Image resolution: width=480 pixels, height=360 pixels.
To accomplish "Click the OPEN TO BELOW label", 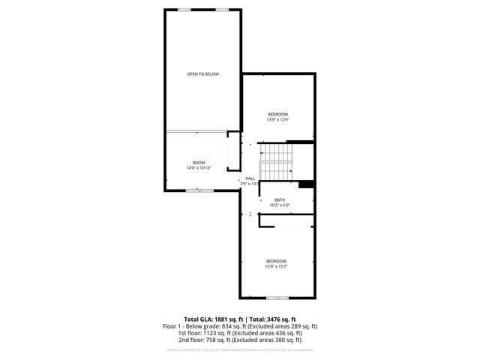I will tap(202, 74).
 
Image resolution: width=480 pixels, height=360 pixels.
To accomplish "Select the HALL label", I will tap(250, 178).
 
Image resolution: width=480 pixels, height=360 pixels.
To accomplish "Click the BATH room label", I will tap(280, 199).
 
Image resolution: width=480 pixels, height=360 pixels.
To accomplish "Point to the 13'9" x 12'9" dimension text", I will tap(277, 119).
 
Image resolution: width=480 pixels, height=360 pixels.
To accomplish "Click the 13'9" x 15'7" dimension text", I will tap(277, 266).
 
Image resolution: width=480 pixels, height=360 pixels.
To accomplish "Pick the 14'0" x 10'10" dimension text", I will tap(199, 168).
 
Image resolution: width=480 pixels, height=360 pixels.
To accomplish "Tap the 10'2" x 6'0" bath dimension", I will tap(280, 205).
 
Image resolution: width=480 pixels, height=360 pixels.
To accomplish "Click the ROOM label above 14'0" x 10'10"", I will tap(199, 163).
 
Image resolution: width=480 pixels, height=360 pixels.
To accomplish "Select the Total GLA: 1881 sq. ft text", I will tap(213, 319).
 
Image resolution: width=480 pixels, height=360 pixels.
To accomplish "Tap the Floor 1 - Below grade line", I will tap(240, 326).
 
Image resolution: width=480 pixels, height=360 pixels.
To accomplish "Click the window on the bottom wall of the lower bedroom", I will tap(277, 297).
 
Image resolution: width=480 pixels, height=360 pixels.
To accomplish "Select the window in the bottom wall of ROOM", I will tap(199, 190).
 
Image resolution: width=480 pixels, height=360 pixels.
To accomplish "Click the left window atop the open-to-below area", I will tap(184, 9).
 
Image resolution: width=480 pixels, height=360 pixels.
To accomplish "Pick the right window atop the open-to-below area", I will tap(222, 9).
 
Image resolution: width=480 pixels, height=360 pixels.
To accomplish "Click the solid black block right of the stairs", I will tap(305, 185).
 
